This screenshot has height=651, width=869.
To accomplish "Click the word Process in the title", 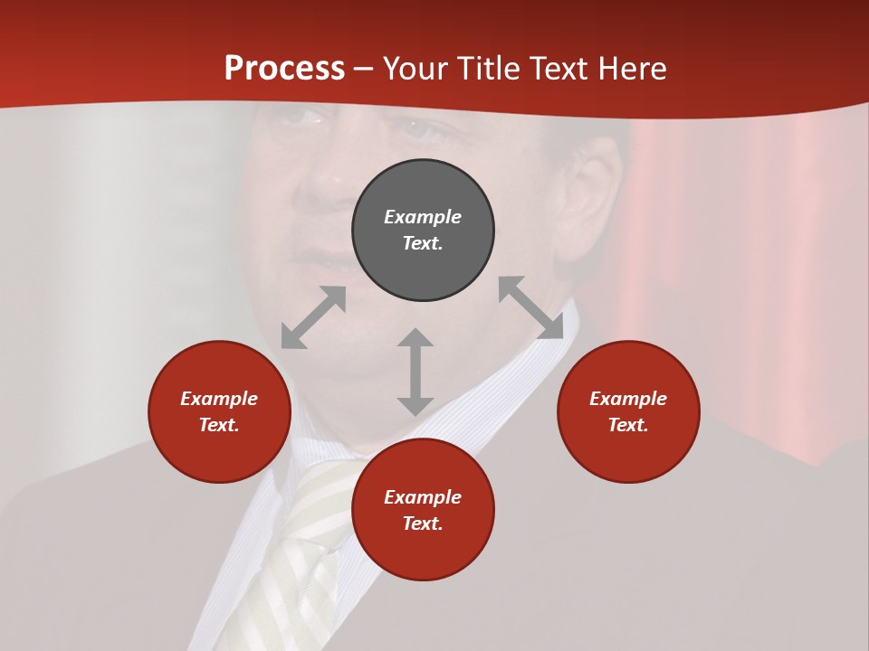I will pyautogui.click(x=284, y=69).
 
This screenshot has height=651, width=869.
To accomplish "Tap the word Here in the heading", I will pyautogui.click(x=630, y=69).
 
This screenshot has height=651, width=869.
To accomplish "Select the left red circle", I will pyautogui.click(x=219, y=452).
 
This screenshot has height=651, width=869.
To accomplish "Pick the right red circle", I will pyautogui.click(x=628, y=452).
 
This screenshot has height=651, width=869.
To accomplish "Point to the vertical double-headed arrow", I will pyautogui.click(x=415, y=372).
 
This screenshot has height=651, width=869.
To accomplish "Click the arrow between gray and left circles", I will pyautogui.click(x=313, y=317).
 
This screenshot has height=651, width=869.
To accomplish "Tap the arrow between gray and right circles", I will pyautogui.click(x=531, y=307).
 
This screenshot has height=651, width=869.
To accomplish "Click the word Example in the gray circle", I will pyautogui.click(x=423, y=217).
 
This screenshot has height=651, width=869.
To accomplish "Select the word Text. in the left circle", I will pyautogui.click(x=219, y=425).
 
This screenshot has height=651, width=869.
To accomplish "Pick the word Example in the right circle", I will pyautogui.click(x=628, y=399).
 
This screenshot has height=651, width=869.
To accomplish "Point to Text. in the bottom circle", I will pyautogui.click(x=423, y=524).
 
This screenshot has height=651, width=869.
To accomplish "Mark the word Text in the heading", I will pyautogui.click(x=560, y=69).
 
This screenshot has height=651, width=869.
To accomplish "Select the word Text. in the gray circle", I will pyautogui.click(x=423, y=243).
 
